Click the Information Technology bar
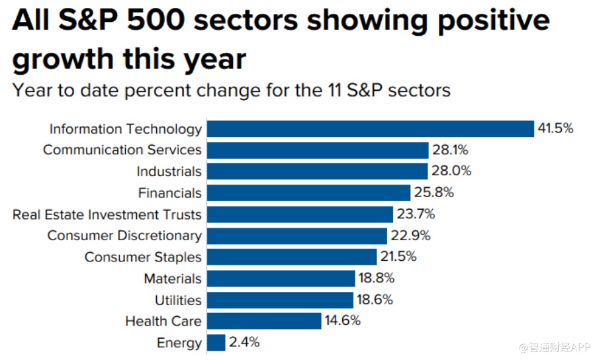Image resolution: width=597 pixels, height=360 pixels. [x=371, y=128]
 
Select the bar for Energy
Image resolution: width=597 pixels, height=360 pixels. [x=216, y=343]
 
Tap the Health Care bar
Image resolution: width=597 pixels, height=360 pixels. [x=264, y=321]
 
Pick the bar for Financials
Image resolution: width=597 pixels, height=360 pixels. [x=309, y=193]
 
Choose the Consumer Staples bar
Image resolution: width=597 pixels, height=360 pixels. [x=292, y=257]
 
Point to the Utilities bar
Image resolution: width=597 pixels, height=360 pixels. [x=281, y=300]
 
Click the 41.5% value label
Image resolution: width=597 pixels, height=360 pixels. [x=555, y=128]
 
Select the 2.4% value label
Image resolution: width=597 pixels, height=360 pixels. [x=244, y=343]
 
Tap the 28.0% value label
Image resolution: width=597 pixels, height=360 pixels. [x=452, y=171]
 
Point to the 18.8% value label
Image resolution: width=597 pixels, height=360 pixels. [x=377, y=279]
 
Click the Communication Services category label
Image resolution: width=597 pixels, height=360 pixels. [x=122, y=150]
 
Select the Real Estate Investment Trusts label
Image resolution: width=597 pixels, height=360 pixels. [x=107, y=214]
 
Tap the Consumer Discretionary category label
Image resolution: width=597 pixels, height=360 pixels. [x=124, y=236]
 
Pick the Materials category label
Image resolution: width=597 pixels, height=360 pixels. [x=173, y=279]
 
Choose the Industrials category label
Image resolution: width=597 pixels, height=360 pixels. [x=169, y=171]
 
